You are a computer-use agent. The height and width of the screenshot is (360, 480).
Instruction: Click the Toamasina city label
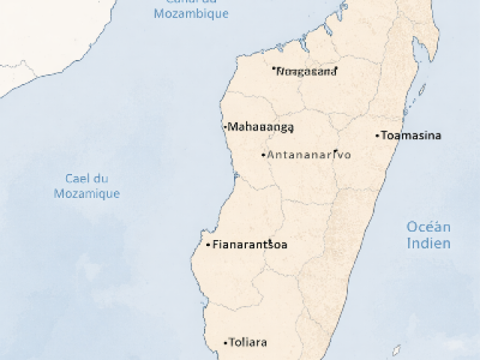(x=411, y=136)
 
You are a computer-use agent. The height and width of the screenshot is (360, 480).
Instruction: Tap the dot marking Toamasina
(x=378, y=136)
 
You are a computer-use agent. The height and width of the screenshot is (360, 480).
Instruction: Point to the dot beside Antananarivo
(x=262, y=155)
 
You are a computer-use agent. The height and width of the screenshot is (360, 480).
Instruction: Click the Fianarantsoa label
(x=250, y=244)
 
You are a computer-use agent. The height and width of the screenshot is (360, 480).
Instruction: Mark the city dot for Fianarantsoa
(x=208, y=244)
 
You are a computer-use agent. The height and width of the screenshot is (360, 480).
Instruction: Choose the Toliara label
(x=247, y=343)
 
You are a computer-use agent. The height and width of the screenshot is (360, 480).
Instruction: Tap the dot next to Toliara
(x=225, y=343)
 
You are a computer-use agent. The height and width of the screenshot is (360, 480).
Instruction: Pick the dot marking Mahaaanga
(x=226, y=127)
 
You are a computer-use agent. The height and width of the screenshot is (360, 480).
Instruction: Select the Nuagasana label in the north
(x=307, y=71)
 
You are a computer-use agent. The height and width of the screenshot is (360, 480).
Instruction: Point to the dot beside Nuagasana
(x=274, y=69)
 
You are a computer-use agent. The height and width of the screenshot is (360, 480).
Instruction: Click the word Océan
(x=428, y=227)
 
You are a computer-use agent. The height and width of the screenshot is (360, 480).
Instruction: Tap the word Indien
(x=428, y=243)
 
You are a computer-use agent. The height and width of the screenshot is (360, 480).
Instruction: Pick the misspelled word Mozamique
(x=87, y=193)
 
